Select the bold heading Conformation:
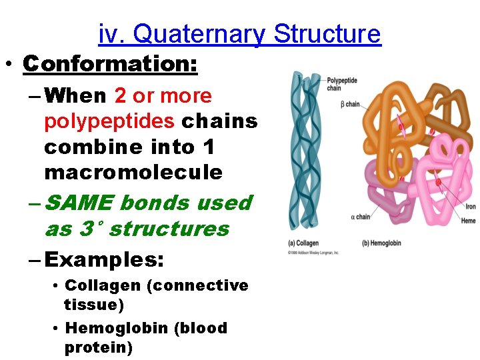[x=110, y=64]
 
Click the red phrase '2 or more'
[x=163, y=96]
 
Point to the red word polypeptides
[x=110, y=121]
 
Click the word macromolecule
[x=133, y=172]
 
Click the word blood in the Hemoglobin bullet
[x=203, y=328]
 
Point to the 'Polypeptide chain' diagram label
[x=342, y=84]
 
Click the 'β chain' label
[x=349, y=104]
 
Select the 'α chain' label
[x=360, y=217]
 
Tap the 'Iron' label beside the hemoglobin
[x=470, y=207]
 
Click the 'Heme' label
[x=469, y=221]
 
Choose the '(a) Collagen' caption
[x=305, y=243]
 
